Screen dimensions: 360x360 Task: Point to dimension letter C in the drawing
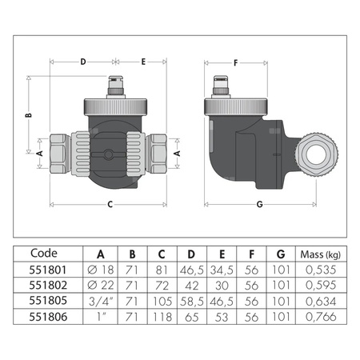click(x=110, y=203)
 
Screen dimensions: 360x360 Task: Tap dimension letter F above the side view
click(x=234, y=61)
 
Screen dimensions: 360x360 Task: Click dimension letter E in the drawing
click(x=143, y=61)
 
